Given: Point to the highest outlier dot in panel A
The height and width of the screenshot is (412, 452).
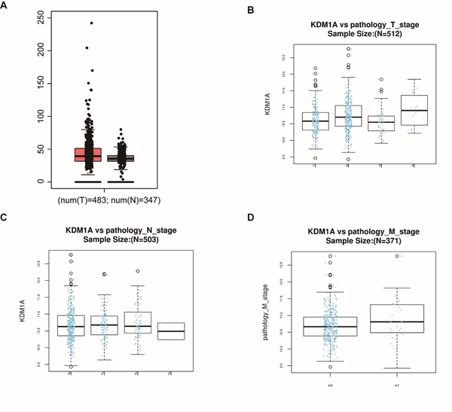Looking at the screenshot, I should click(92, 23).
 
